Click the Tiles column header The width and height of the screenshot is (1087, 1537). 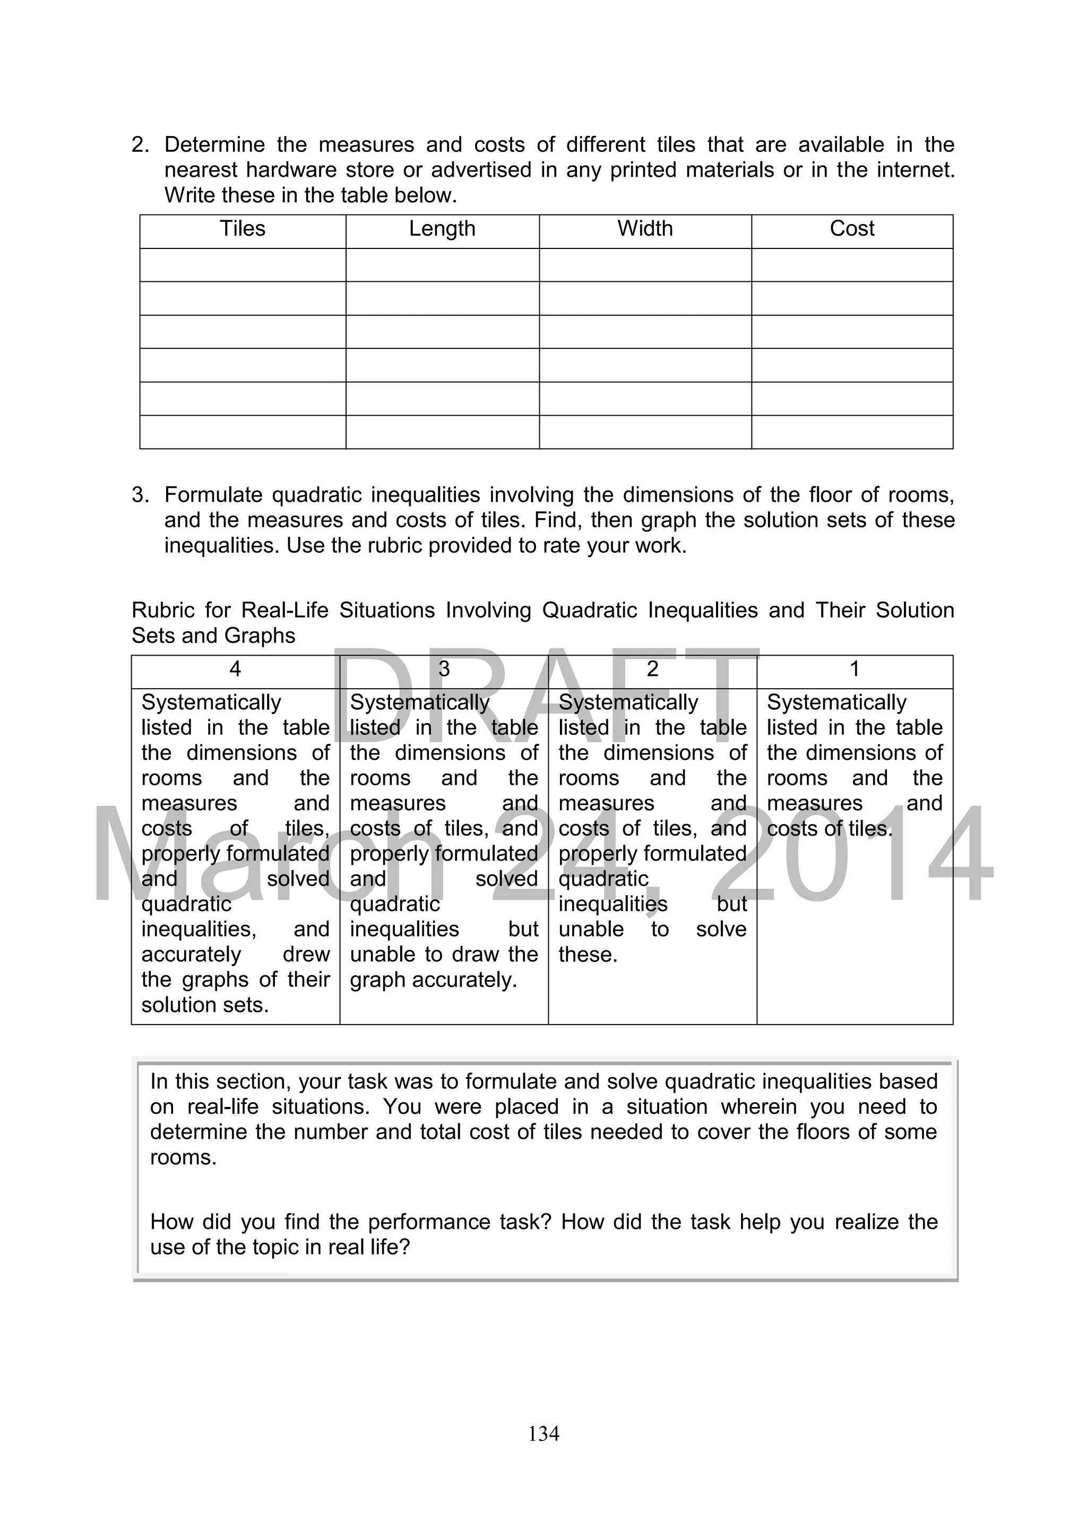coord(243,229)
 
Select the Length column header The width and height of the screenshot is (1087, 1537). coord(442,229)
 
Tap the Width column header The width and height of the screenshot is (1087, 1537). coord(644,229)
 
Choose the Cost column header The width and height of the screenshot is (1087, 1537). coord(851,229)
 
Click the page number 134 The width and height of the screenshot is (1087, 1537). coord(543,1433)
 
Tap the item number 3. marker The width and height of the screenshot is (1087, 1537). coord(141,495)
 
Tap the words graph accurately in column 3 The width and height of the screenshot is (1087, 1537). coord(433,980)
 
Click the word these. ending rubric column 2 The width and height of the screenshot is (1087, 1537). coord(588,955)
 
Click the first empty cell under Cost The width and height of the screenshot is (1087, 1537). coord(851,265)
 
